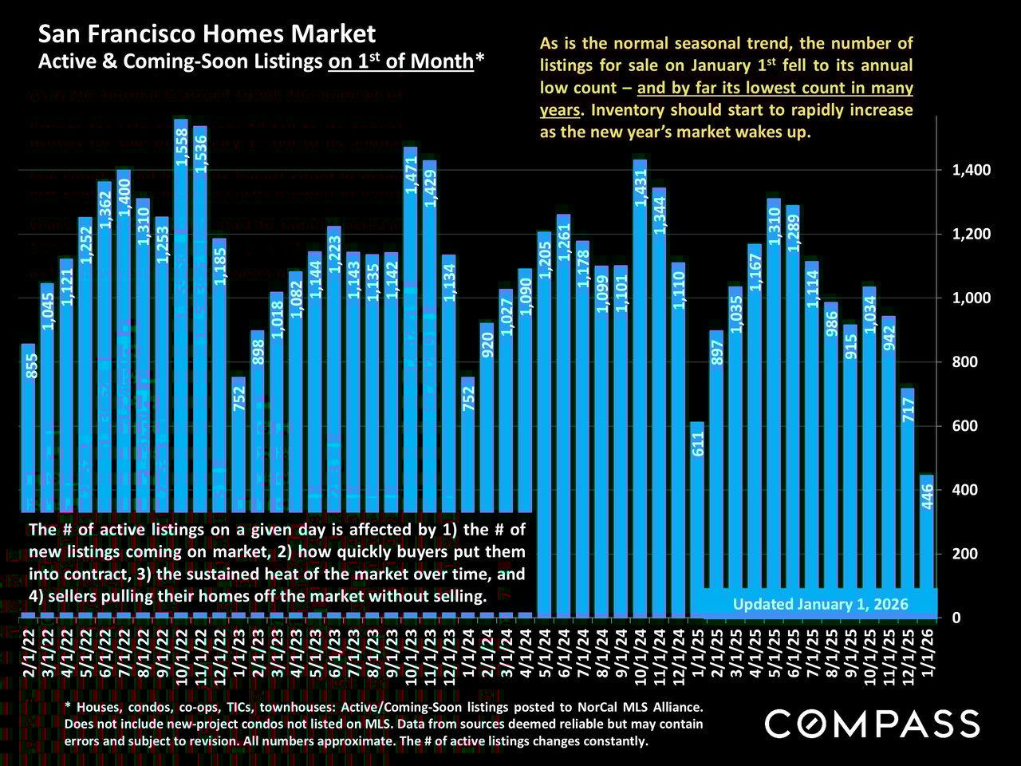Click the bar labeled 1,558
tap(180, 319)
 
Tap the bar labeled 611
tap(697, 519)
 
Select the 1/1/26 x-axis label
tap(927, 650)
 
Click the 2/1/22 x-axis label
tap(29, 650)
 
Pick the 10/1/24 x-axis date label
tap(640, 653)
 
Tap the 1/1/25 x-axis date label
tap(697, 650)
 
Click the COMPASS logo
tap(872, 724)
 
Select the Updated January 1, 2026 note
tap(820, 604)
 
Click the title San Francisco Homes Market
tap(207, 34)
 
